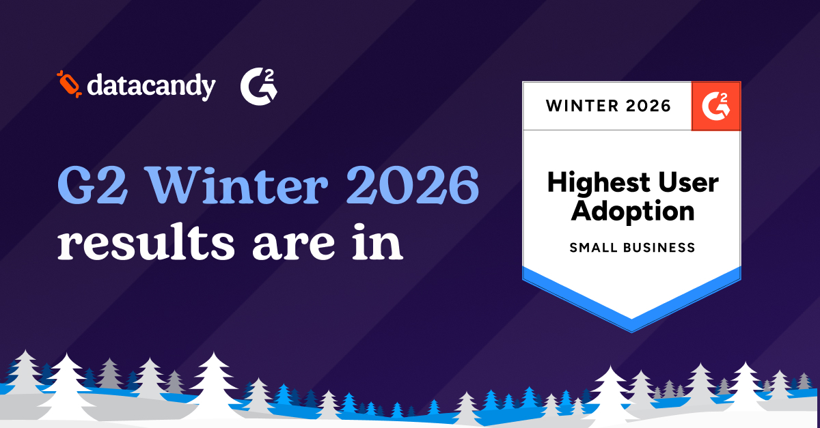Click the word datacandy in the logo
[x=151, y=86]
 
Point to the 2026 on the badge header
[x=648, y=106]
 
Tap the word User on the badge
[x=684, y=183]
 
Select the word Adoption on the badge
[x=632, y=210]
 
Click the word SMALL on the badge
[x=594, y=247]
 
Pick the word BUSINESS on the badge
[x=660, y=247]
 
